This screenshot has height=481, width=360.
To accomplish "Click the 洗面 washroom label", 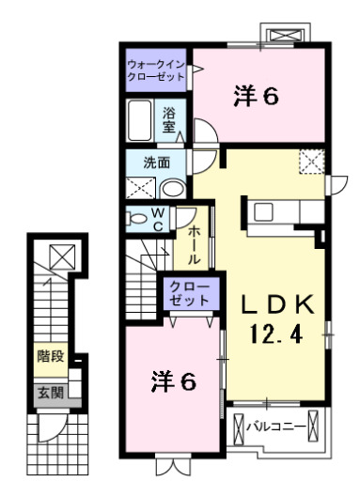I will click(156, 162).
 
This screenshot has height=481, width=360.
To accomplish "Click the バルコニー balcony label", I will click(276, 427).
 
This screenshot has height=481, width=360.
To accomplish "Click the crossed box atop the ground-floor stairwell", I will click(58, 255).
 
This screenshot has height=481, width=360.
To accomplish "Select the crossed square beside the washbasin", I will click(139, 185).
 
